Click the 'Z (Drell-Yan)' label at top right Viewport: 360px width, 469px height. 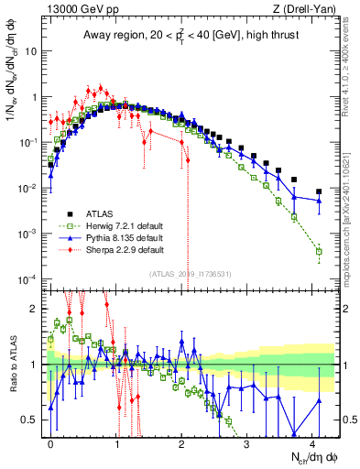[308, 9]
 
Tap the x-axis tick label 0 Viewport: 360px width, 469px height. [50, 442]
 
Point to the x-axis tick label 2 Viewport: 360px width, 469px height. [181, 442]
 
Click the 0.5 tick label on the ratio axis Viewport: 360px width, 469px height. [34, 420]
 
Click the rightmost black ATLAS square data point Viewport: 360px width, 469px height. [319, 192]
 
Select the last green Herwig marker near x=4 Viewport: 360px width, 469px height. [319, 251]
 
